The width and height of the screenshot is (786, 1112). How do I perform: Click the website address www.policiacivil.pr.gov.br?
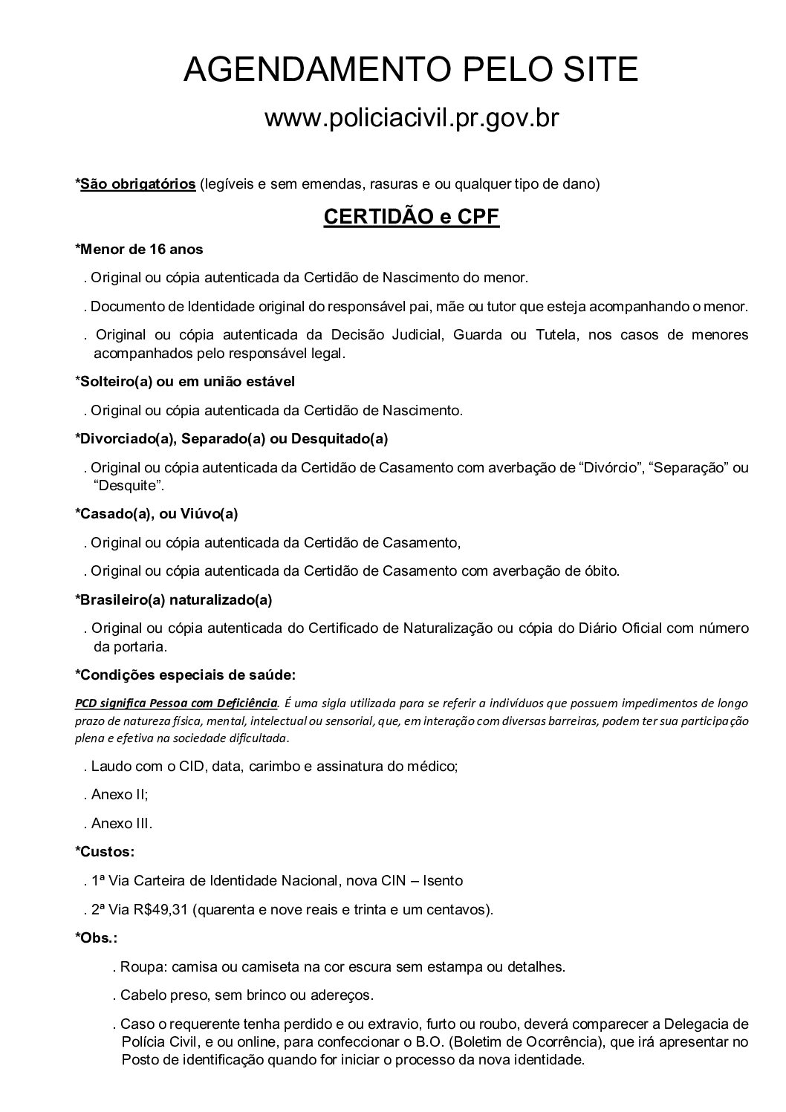click(411, 118)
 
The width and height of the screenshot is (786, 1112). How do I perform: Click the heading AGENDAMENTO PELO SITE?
click(411, 70)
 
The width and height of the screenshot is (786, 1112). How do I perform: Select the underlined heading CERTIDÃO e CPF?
click(411, 217)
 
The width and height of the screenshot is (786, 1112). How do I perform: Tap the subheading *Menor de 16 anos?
click(139, 250)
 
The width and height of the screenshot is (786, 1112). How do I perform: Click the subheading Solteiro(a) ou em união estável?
click(185, 382)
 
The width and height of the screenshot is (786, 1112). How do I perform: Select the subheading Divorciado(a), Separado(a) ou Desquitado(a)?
click(232, 439)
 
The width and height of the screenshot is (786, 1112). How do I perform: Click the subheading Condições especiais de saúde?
click(186, 675)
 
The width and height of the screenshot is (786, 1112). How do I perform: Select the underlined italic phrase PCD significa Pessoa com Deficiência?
click(177, 703)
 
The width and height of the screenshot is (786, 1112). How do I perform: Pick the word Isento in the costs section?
click(443, 881)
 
